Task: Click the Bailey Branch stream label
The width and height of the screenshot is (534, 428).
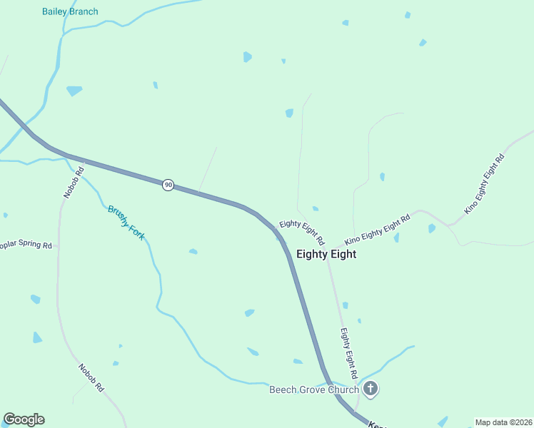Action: pyautogui.click(x=70, y=11)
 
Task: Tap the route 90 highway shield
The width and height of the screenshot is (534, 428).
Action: pyautogui.click(x=168, y=185)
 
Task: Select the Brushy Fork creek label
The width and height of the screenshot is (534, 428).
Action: pyautogui.click(x=126, y=222)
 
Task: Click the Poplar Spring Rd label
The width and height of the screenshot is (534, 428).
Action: pyautogui.click(x=26, y=245)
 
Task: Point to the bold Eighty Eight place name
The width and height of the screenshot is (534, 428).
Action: pyautogui.click(x=326, y=254)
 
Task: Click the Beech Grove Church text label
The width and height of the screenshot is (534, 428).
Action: pyautogui.click(x=313, y=389)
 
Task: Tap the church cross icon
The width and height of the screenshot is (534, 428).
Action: pyautogui.click(x=371, y=389)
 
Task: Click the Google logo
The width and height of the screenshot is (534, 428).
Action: pyautogui.click(x=24, y=419)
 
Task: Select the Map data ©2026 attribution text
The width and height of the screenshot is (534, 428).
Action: pyautogui.click(x=503, y=422)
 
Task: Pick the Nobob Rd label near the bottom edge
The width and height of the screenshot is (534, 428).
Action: pyautogui.click(x=91, y=377)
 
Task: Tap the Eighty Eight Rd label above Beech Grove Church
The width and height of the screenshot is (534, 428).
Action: pyautogui.click(x=348, y=353)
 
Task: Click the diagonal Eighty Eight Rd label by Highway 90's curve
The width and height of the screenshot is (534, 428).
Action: pyautogui.click(x=302, y=231)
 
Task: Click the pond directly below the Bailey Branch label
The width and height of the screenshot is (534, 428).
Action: pyautogui.click(x=74, y=91)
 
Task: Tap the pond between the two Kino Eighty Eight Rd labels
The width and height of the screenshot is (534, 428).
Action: pyautogui.click(x=431, y=228)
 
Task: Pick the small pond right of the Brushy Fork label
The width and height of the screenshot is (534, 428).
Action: pyautogui.click(x=193, y=251)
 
